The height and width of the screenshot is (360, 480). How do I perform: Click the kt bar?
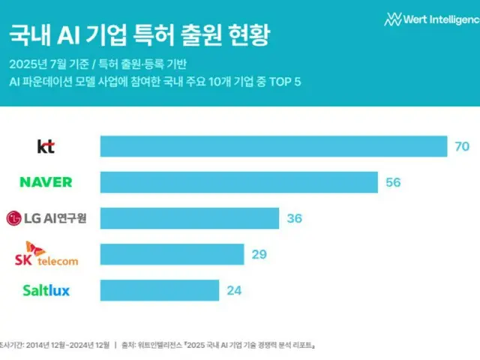[x=274, y=147]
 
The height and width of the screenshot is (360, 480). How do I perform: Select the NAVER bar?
[x=238, y=182]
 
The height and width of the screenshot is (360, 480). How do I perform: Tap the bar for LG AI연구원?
[x=189, y=218]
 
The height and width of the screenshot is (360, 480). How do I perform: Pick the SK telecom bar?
[x=172, y=254]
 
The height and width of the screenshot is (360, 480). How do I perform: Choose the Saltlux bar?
[x=159, y=289]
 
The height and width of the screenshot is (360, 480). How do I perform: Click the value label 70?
[x=461, y=147]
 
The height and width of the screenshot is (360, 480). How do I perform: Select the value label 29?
[x=259, y=254]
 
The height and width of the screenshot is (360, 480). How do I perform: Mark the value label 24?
[x=234, y=289]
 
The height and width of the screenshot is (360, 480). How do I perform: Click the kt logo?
[x=46, y=147]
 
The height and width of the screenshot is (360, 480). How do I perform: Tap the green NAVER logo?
[x=46, y=182]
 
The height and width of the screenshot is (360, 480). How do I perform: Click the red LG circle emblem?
[x=13, y=218]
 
